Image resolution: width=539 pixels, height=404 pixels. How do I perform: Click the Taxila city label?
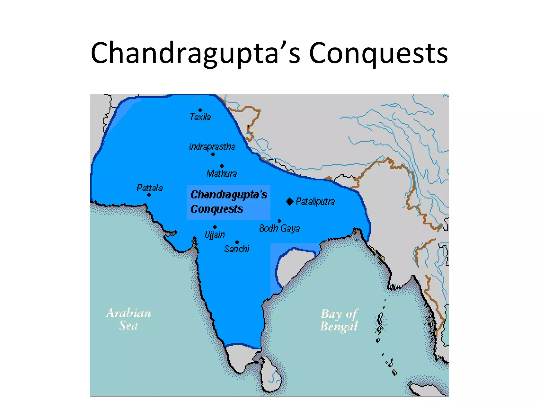(201, 117)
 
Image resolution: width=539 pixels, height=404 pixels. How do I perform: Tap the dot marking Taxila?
(200, 110)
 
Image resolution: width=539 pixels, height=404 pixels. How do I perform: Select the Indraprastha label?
(212, 147)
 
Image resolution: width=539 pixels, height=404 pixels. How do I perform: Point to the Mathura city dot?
(222, 166)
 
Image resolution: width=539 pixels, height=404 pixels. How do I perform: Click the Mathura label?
(222, 174)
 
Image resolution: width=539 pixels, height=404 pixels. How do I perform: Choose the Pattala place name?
(150, 188)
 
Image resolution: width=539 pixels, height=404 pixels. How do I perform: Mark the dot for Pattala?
(149, 195)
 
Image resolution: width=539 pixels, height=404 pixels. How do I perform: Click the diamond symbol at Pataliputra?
(290, 201)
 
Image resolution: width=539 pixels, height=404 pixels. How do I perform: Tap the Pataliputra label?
(316, 201)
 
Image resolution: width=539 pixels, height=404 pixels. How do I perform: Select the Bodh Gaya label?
(280, 228)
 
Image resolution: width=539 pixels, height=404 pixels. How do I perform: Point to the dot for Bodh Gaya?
(280, 221)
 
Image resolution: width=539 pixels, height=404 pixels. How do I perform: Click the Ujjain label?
(215, 235)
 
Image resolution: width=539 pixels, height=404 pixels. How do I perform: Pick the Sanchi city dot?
(237, 242)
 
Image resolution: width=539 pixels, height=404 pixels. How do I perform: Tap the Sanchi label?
(237, 249)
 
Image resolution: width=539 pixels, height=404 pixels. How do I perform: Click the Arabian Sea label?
(128, 319)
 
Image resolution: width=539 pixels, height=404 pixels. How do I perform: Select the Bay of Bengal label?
(339, 320)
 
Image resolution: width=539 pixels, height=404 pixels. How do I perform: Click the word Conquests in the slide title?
(378, 53)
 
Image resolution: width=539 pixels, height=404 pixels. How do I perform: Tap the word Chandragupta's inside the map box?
(229, 195)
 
